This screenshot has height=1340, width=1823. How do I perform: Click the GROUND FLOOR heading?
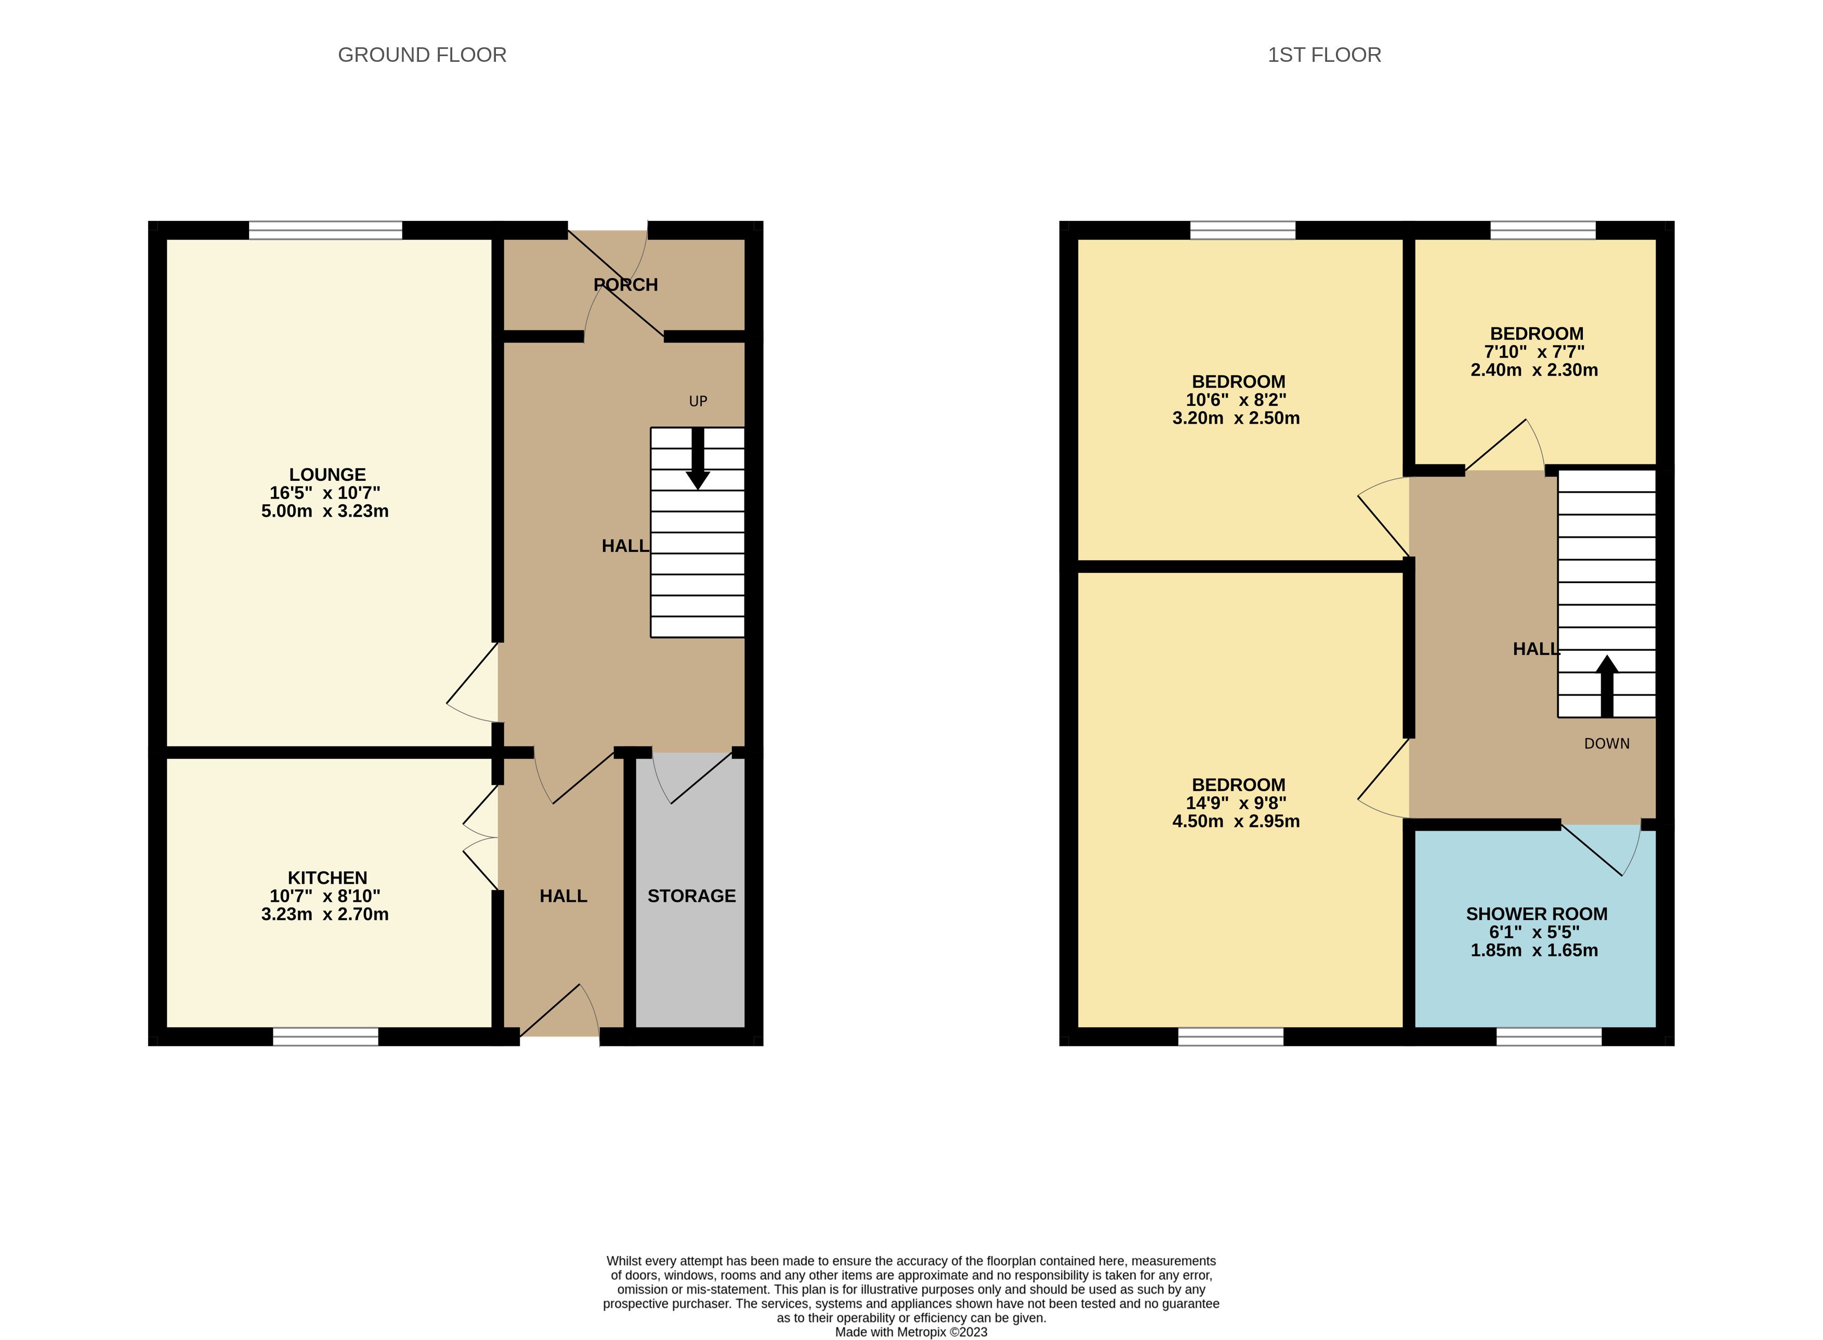(422, 55)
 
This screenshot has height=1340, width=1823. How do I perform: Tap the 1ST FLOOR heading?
(1324, 55)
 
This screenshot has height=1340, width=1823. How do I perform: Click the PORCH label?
(625, 285)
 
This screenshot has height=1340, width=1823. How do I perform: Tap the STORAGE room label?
(691, 896)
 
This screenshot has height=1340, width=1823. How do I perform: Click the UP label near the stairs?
(698, 401)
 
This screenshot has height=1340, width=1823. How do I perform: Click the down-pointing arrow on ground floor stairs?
(698, 458)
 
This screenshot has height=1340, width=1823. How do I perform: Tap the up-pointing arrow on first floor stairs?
(1606, 686)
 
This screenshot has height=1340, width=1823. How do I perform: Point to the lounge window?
(325, 230)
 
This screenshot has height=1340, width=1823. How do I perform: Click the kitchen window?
(325, 1036)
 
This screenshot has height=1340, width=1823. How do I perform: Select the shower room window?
(1549, 1036)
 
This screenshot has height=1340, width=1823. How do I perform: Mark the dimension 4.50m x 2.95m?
(1236, 821)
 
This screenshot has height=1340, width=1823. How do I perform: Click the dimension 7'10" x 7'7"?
(1534, 352)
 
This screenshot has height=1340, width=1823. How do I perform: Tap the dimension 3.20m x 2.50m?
(1236, 418)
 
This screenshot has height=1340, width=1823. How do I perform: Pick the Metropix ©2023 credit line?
(911, 1332)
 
